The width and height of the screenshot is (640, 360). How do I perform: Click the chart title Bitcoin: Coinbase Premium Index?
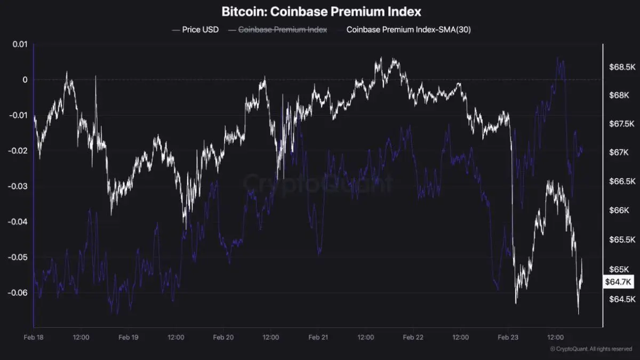pyautogui.click(x=321, y=11)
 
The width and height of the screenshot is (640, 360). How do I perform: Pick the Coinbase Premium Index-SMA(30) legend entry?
pyautogui.click(x=408, y=30)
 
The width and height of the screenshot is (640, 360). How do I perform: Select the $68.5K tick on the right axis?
pyautogui.click(x=622, y=67)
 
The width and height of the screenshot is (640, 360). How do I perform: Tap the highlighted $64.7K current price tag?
pyautogui.click(x=618, y=282)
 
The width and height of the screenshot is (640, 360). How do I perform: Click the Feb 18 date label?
pyautogui.click(x=33, y=338)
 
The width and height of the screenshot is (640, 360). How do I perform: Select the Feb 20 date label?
pyautogui.click(x=223, y=338)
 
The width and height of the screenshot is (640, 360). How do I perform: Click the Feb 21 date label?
pyautogui.click(x=318, y=338)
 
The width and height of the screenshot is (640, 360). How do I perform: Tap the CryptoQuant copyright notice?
pyautogui.click(x=591, y=349)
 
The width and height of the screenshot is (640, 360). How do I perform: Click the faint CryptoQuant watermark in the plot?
pyautogui.click(x=318, y=183)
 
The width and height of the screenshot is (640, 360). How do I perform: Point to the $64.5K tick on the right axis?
pyautogui.click(x=622, y=299)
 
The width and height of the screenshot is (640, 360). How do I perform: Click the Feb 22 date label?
pyautogui.click(x=413, y=338)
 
